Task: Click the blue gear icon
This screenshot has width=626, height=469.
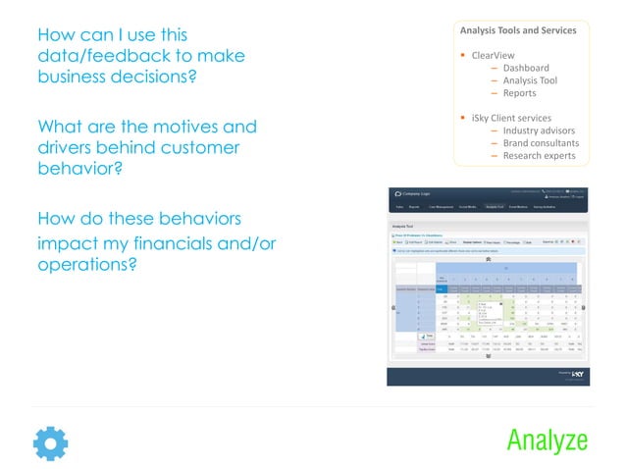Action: (x=50, y=443)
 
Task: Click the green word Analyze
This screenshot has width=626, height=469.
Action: (x=547, y=441)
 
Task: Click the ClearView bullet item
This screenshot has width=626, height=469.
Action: (x=493, y=55)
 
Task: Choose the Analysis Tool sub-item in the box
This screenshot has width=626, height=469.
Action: (x=530, y=80)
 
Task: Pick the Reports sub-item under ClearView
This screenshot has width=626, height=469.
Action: (x=519, y=93)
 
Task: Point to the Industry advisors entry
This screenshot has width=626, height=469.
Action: (x=539, y=130)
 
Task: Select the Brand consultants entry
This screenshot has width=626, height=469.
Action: (x=541, y=143)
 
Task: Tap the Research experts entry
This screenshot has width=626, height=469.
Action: (x=539, y=156)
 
